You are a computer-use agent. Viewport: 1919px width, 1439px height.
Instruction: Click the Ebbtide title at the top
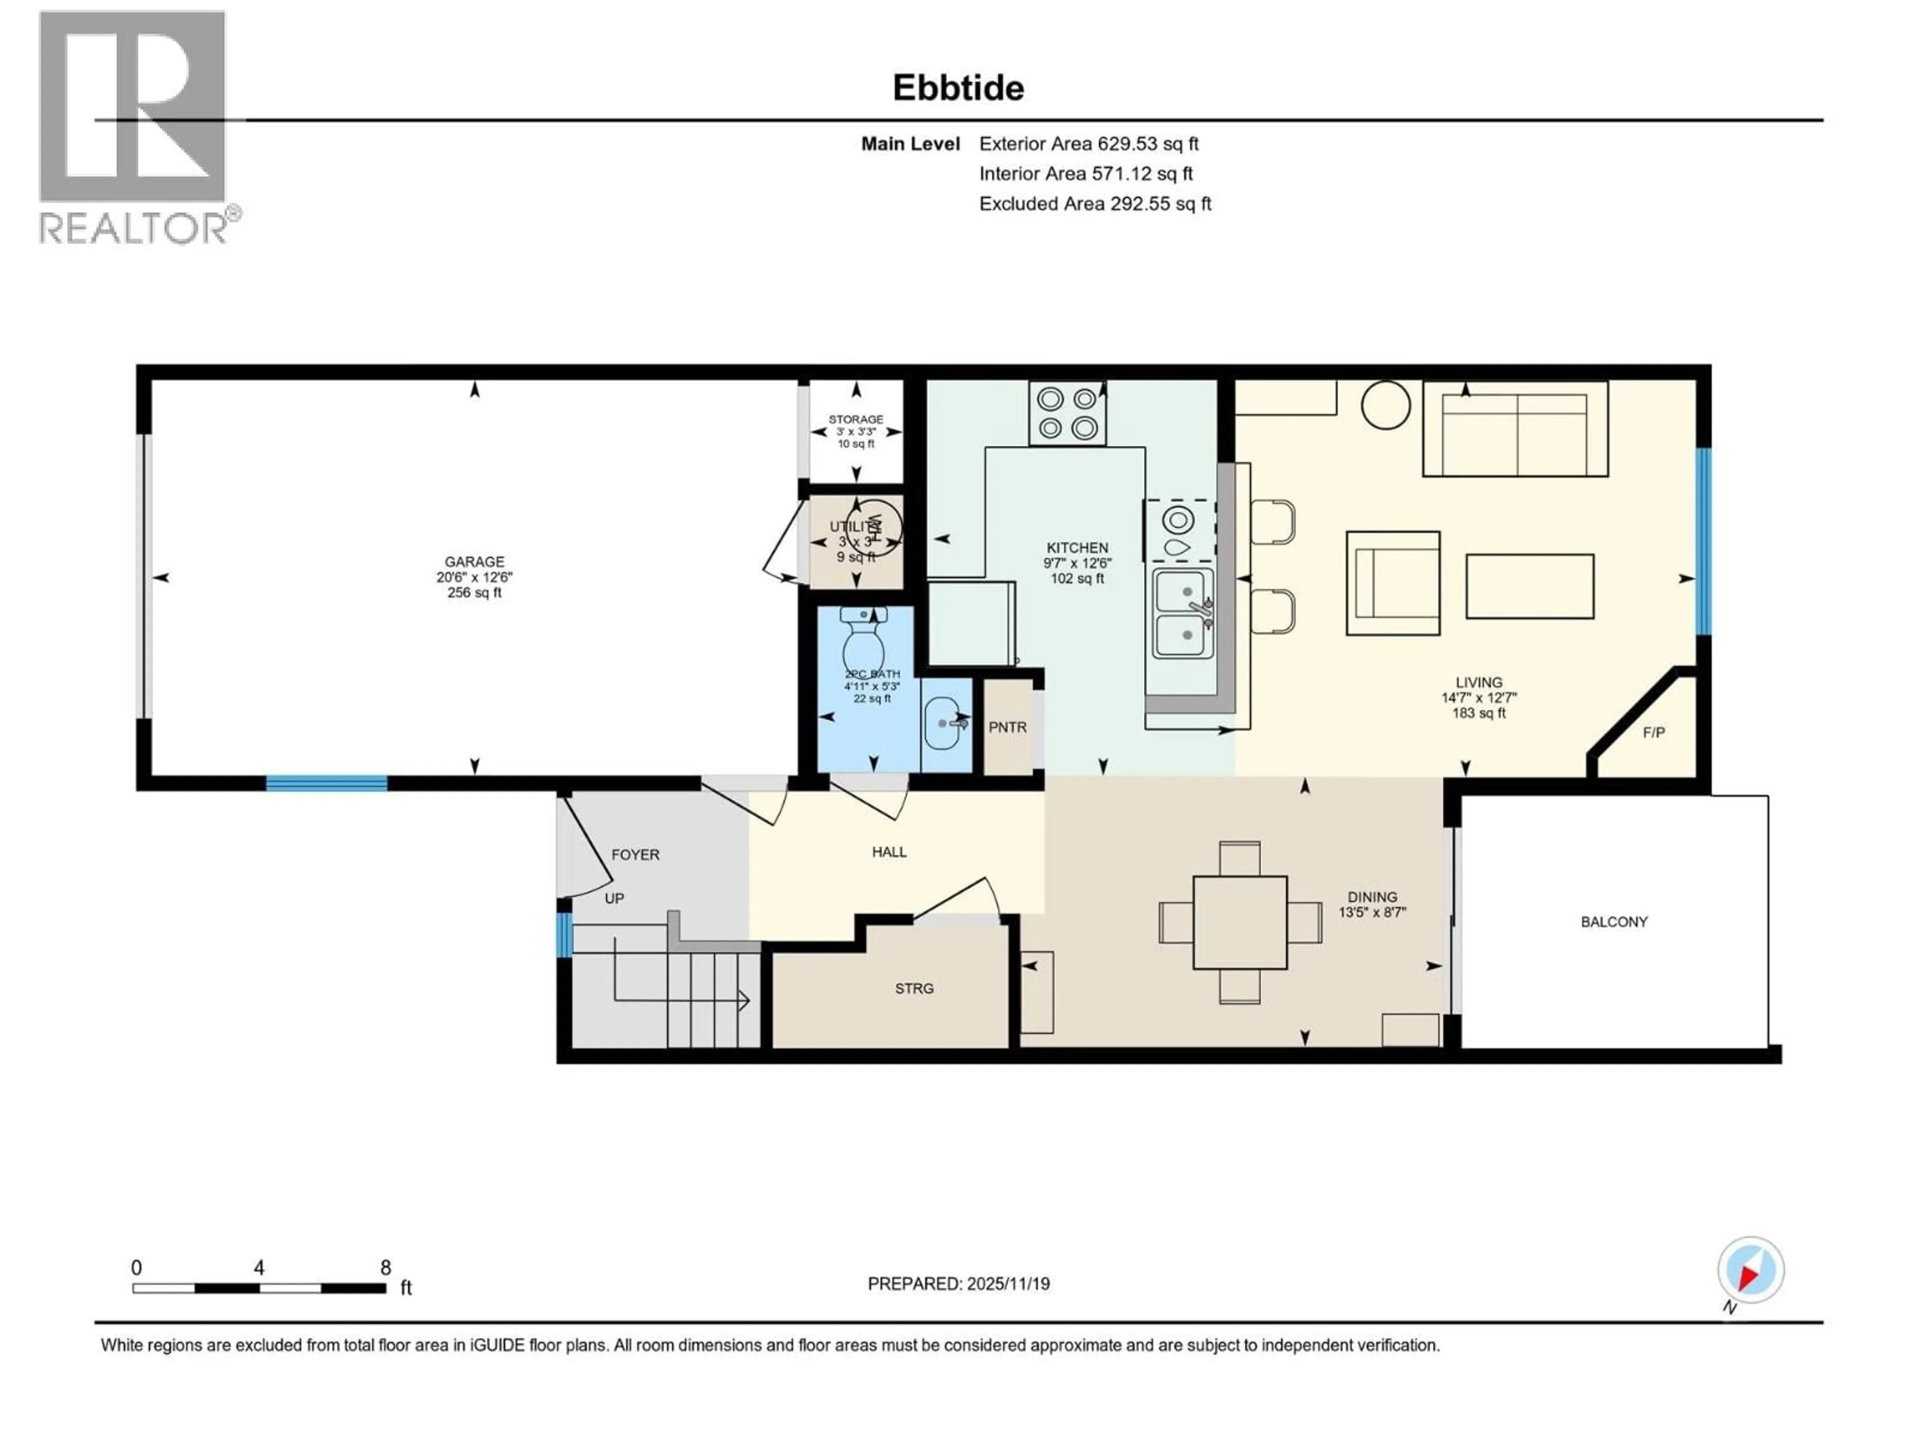click(958, 87)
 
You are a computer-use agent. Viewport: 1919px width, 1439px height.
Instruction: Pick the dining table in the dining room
click(1240, 922)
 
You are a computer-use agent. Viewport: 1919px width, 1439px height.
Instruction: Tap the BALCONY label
click(1614, 922)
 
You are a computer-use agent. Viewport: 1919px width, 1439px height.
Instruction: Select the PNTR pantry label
click(1007, 727)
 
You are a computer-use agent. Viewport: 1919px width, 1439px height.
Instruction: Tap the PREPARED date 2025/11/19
click(958, 1284)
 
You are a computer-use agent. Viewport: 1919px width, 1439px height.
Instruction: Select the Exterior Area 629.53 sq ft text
click(1089, 144)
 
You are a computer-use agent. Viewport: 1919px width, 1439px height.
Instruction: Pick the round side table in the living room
click(1385, 405)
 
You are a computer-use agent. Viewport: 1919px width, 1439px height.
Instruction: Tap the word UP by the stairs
click(614, 898)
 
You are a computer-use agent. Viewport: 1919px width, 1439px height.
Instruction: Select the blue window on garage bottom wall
click(326, 784)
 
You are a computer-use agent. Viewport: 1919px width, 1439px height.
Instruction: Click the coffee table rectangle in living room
click(1530, 587)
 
